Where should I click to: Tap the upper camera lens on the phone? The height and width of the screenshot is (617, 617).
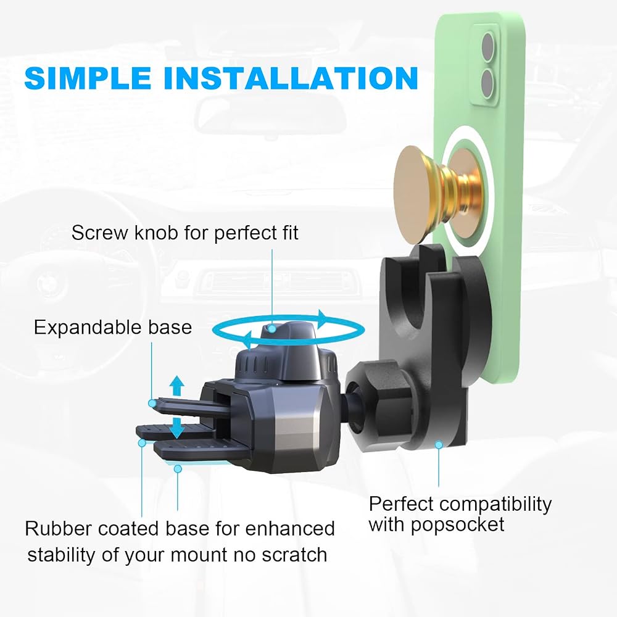pos(487,48)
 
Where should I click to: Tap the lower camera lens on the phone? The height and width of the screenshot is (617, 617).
pos(487,85)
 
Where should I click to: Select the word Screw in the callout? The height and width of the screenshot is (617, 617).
pos(101,233)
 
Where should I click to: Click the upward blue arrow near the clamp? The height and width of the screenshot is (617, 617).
pos(176,386)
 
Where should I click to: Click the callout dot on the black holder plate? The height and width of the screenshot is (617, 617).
pos(439,445)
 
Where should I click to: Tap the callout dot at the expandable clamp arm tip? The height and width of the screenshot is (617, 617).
pos(152,404)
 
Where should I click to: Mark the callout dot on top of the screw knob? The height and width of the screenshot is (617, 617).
pos(271,329)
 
